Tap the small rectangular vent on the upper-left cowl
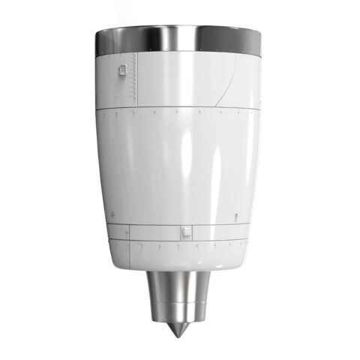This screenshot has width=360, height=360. coord(122,70)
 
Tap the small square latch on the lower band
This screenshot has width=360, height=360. coord(185,232)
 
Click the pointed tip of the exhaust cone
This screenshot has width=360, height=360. coord(178,332)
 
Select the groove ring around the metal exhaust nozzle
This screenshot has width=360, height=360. coord(178,302)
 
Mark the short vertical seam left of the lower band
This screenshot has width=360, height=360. coord(128,232)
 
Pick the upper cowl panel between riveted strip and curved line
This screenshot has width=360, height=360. coord(180,79)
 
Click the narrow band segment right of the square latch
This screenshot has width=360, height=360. coord(217,232)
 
